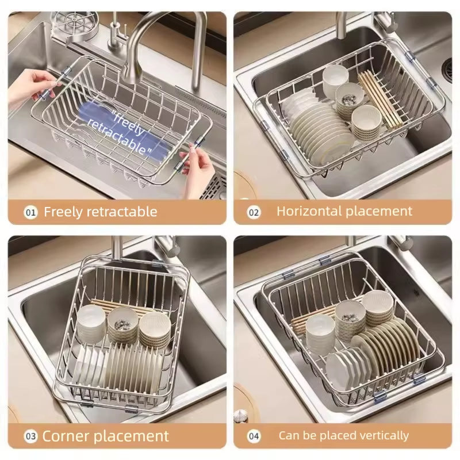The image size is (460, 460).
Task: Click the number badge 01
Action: point(30,212)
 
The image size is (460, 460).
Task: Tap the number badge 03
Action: point(30,436)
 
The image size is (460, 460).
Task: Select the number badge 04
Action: point(254,436)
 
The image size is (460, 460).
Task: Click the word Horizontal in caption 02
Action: point(309,211)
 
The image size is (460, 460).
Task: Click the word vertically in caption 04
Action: point(380,436)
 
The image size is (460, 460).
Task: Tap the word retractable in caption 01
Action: point(121,212)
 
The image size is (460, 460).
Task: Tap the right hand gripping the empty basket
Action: point(195,161)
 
